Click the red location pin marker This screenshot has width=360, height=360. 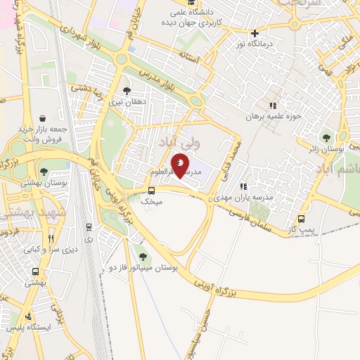[181, 167]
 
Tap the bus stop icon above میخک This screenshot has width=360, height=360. [152, 191]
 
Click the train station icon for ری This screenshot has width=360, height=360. [89, 227]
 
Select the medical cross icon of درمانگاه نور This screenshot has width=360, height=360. [255, 33]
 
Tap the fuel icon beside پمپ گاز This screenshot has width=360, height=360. [302, 219]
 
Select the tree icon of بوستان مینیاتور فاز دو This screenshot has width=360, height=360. [144, 257]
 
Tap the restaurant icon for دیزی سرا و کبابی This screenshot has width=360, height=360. [51, 239]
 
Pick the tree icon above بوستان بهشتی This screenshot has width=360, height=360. [44, 172]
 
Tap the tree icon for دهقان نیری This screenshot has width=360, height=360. [127, 91]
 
